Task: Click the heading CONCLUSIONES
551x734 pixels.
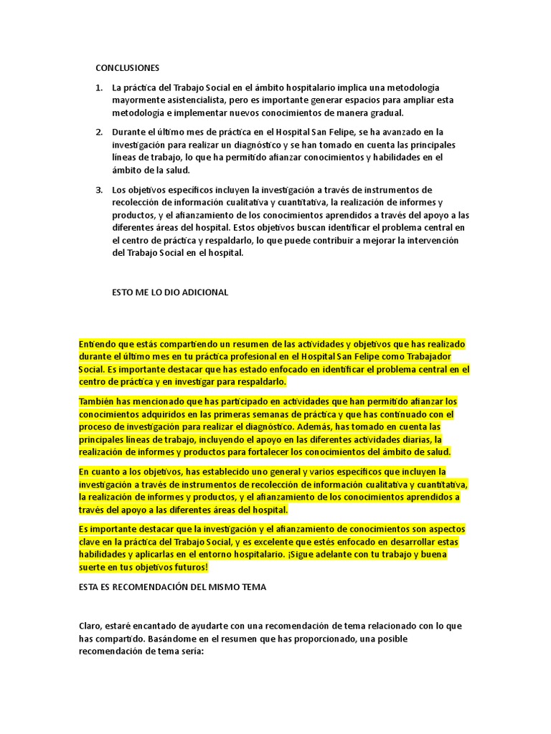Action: pos(127,68)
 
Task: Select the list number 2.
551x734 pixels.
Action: pos(99,132)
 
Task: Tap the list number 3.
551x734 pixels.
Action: pos(99,189)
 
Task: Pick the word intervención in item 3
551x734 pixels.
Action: pos(429,240)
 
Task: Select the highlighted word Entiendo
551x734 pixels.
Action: pos(98,344)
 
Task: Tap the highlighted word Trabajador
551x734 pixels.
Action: pos(441,356)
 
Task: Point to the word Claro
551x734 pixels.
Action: pos(92,626)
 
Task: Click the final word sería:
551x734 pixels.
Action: pos(189,651)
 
